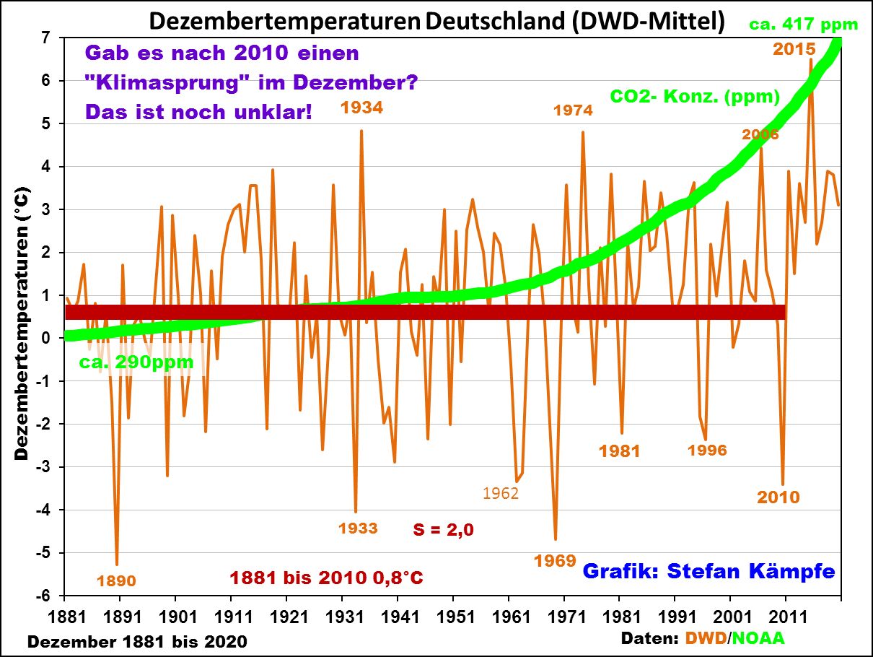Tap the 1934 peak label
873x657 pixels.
(x=361, y=108)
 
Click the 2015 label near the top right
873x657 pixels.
(x=794, y=49)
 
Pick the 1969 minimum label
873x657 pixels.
(x=555, y=560)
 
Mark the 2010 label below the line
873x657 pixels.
(x=778, y=497)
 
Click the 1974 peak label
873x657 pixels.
(x=573, y=110)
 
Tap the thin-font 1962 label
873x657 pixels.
(x=501, y=494)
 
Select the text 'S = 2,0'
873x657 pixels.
(x=443, y=529)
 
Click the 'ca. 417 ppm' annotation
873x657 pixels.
(x=804, y=25)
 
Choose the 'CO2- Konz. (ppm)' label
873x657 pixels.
(x=695, y=96)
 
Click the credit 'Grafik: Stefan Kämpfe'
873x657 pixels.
(x=709, y=571)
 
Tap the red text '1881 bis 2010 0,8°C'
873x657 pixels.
(x=326, y=578)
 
